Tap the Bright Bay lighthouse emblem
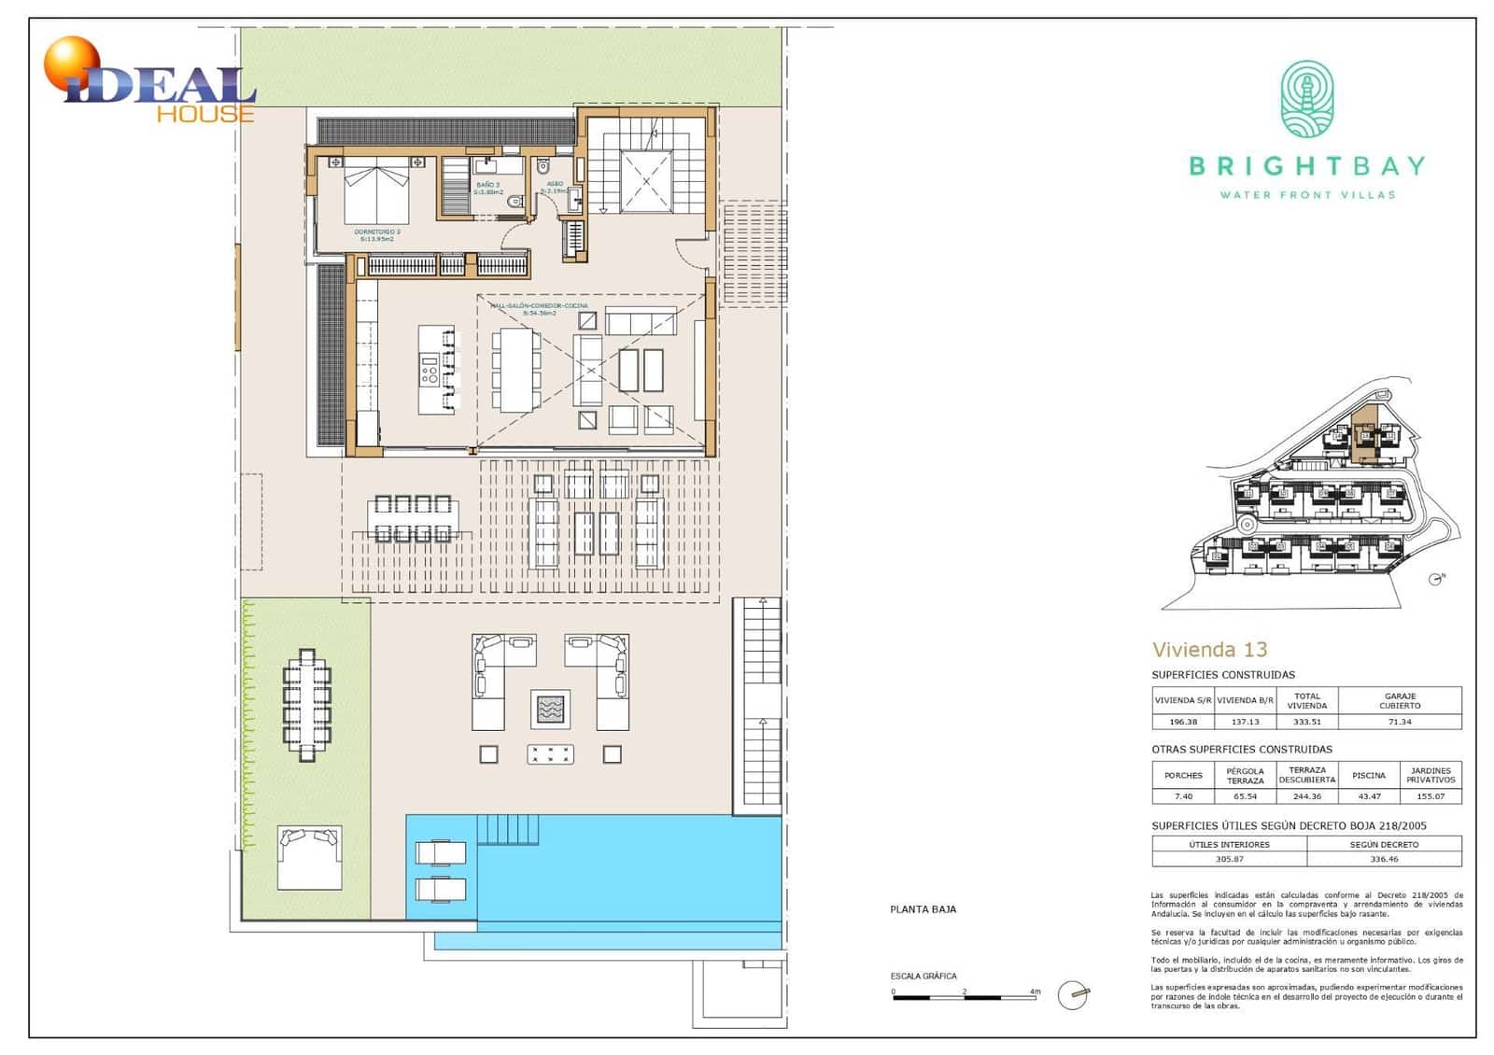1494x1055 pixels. click(1306, 100)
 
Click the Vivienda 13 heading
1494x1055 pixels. click(1209, 650)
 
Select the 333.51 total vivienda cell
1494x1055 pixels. click(1306, 722)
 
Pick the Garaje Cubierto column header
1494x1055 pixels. click(1400, 700)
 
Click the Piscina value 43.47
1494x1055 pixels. click(1369, 796)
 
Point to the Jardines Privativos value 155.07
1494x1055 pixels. click(1431, 796)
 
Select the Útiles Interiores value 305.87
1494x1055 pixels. click(1229, 859)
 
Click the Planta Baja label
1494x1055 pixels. click(923, 909)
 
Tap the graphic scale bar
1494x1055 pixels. click(965, 997)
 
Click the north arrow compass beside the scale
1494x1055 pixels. click(1073, 996)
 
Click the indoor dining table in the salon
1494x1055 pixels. click(515, 369)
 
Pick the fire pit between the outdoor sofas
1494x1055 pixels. click(550, 709)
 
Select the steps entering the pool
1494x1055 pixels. click(508, 829)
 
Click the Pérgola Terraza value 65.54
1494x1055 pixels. click(1245, 796)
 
